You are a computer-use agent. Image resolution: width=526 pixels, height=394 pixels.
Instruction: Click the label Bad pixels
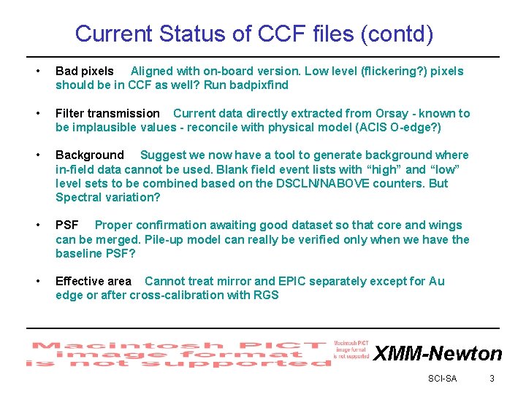[85, 71]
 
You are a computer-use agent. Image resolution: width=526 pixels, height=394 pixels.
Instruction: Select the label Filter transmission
[107, 113]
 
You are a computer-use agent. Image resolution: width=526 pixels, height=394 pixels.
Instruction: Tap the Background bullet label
[90, 155]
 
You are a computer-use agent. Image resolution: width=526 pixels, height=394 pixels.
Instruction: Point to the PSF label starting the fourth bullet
[67, 225]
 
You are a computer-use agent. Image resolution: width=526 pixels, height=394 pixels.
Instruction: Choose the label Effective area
[94, 281]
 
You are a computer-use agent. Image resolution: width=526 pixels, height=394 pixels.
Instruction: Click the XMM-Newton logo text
[438, 354]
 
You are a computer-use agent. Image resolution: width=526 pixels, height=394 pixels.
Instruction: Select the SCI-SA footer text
[442, 378]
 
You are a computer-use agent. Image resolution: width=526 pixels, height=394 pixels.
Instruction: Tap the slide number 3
[492, 378]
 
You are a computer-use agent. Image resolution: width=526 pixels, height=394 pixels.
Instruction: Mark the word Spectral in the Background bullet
[77, 197]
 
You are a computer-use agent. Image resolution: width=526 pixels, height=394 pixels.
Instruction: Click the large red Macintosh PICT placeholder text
[175, 354]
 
